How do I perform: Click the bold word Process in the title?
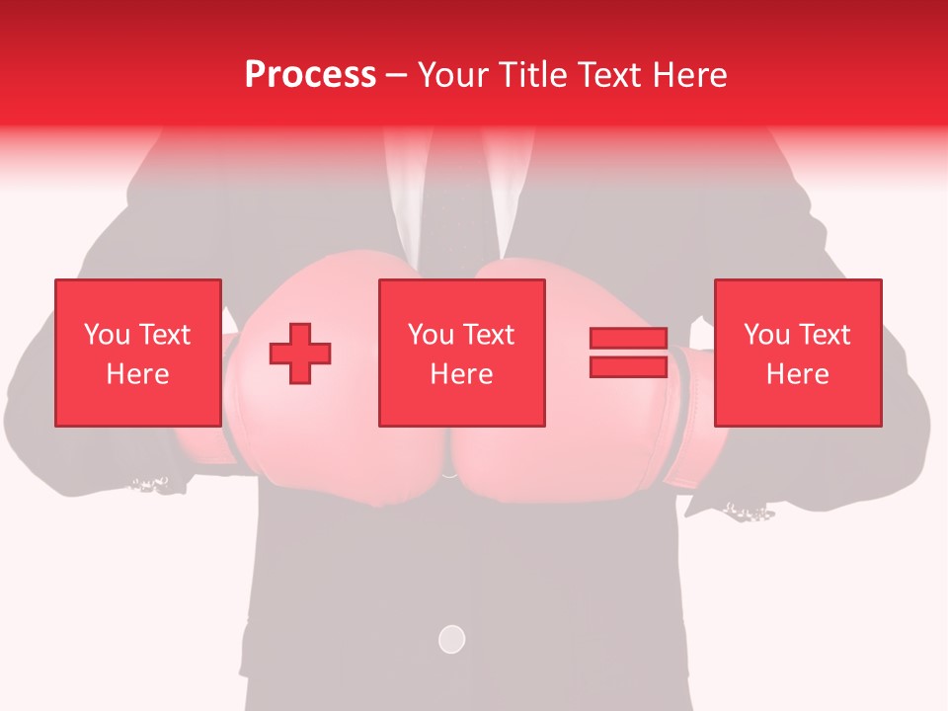tap(310, 75)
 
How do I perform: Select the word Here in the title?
tap(688, 75)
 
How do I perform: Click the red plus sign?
tap(300, 354)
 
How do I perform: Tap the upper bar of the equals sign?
tap(628, 339)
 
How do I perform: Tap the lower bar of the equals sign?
tap(628, 366)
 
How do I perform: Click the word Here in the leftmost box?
tap(138, 374)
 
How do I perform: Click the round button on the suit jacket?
tap(451, 639)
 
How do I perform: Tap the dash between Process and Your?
tap(397, 75)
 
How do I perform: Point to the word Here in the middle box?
tap(461, 374)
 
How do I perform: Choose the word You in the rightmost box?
tap(766, 335)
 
